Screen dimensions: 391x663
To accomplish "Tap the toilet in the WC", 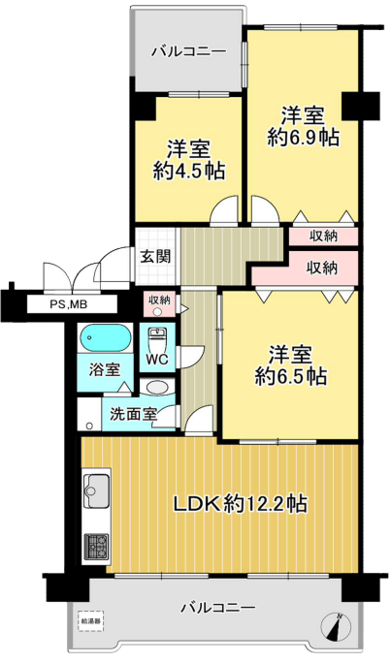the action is coord(156,339).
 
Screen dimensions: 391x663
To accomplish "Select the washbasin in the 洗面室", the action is coord(156,388).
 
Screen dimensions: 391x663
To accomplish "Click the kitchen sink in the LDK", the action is coord(97,489).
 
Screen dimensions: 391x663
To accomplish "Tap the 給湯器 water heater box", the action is coord(91,621).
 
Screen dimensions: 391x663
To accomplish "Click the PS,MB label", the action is coord(70,304).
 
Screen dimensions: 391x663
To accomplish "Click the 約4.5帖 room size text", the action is coord(188,171).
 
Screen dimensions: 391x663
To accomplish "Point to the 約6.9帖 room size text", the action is coord(303,137).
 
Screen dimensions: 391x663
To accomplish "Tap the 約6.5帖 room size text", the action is coord(291,375).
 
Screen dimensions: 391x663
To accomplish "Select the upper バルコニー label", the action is coord(189,52).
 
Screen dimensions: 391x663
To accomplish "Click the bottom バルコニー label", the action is coord(218,608).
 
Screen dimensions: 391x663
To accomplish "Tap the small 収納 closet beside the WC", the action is coord(159,305).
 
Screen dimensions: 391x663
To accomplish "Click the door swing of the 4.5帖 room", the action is coord(224,209).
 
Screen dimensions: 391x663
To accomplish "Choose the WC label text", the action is coord(157,360).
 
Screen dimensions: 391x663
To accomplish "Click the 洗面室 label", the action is coord(134,414).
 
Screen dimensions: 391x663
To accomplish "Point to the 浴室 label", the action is coord(105,369).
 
